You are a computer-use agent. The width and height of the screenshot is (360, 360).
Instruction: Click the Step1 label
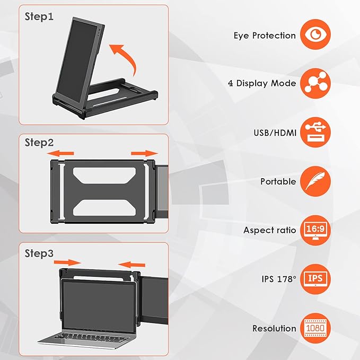pyautogui.click(x=39, y=16)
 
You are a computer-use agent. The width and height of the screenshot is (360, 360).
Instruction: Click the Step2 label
pyautogui.click(x=39, y=143)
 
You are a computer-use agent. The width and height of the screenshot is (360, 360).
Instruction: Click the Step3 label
pyautogui.click(x=39, y=253)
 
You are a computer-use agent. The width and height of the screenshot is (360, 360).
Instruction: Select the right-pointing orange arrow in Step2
pyautogui.click(x=144, y=153)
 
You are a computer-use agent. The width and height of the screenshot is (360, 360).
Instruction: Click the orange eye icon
pyautogui.click(x=315, y=35)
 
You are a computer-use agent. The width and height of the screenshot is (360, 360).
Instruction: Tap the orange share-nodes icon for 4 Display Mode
pyautogui.click(x=315, y=83)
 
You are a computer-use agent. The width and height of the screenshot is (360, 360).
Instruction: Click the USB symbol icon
pyautogui.click(x=315, y=132)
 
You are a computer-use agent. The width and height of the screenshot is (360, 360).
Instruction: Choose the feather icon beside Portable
pyautogui.click(x=315, y=181)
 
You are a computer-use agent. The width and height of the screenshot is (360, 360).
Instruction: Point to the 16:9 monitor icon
pyautogui.click(x=315, y=230)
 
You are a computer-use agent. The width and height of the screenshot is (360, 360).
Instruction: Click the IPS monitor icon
pyautogui.click(x=315, y=279)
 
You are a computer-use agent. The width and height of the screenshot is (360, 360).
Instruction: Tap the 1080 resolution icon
pyautogui.click(x=315, y=328)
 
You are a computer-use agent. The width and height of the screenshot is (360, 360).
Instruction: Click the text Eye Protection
pyautogui.click(x=265, y=36)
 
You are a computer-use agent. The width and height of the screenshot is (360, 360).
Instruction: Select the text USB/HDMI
pyautogui.click(x=275, y=132)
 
